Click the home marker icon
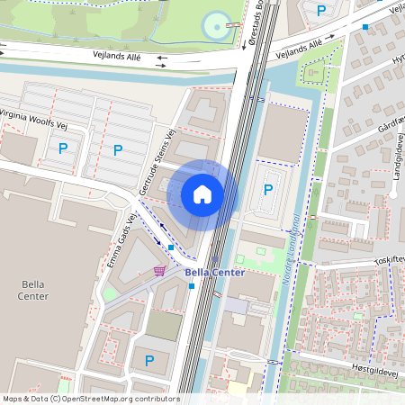[202, 193]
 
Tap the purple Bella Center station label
[214, 272]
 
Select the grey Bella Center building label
[33, 289]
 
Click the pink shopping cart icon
[159, 270]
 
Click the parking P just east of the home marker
[267, 190]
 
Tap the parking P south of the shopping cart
[149, 361]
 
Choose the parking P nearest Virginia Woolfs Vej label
[63, 148]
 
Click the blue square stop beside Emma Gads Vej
[171, 247]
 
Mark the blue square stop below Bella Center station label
[192, 286]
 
